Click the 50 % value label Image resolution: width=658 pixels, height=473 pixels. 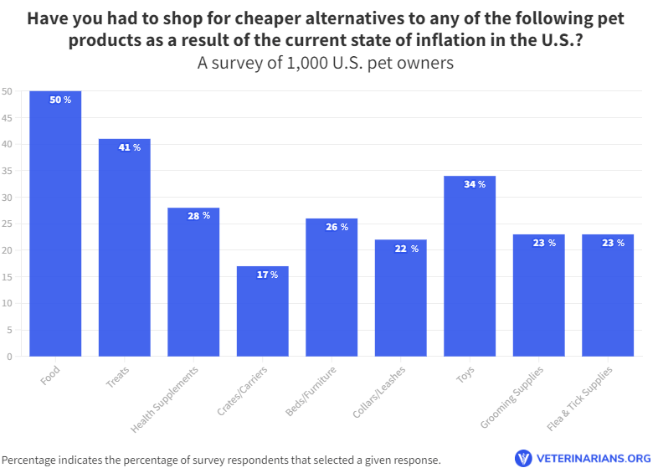pyautogui.click(x=60, y=100)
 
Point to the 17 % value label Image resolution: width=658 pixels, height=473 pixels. pyautogui.click(x=268, y=275)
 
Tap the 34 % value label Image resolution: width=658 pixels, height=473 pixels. pyautogui.click(x=475, y=184)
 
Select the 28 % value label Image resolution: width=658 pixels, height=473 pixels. pyautogui.click(x=198, y=216)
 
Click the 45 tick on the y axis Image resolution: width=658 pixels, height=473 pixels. pyautogui.click(x=7, y=118)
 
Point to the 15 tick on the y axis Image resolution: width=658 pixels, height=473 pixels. pyautogui.click(x=7, y=277)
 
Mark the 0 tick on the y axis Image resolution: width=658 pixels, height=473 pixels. pyautogui.click(x=9, y=357)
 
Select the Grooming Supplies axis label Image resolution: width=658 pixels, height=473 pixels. pyautogui.click(x=511, y=397)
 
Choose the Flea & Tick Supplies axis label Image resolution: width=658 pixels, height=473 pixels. pyautogui.click(x=579, y=398)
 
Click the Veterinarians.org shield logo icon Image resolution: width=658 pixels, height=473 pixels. pyautogui.click(x=523, y=458)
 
